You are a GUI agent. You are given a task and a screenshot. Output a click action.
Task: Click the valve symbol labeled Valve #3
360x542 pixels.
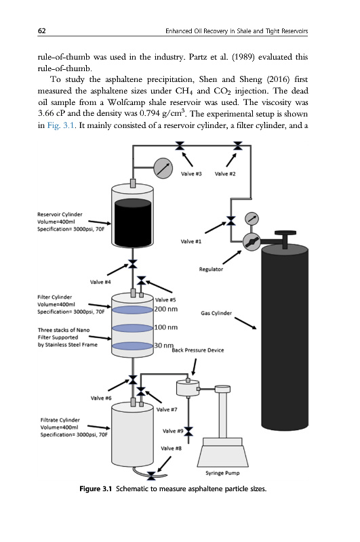(180, 146)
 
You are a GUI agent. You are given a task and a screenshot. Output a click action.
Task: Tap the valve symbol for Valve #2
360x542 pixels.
(237, 146)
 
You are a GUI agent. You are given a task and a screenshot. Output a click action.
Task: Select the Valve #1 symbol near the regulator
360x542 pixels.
(231, 221)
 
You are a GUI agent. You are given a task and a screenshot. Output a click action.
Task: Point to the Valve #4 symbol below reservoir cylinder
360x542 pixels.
(132, 264)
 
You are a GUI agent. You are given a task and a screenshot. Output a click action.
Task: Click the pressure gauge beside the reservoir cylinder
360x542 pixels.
(163, 168)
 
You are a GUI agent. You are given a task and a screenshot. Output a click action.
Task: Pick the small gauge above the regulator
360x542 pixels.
(252, 219)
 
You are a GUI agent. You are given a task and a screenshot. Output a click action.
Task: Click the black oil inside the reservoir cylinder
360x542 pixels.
(133, 223)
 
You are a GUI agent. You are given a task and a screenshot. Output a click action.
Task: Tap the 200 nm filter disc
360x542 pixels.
(132, 310)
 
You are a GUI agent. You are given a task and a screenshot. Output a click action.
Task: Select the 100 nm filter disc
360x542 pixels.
(132, 328)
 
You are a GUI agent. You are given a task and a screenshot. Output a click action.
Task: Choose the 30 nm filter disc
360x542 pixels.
(132, 346)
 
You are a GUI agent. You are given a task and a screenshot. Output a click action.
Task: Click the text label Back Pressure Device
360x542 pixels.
(198, 350)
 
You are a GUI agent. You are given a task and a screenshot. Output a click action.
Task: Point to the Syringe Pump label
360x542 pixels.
(222, 473)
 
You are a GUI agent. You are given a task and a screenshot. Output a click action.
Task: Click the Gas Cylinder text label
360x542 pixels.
(216, 313)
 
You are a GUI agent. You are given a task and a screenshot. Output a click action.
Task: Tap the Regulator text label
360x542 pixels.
(211, 269)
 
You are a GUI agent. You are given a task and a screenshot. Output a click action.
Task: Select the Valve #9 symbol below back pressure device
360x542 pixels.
(188, 432)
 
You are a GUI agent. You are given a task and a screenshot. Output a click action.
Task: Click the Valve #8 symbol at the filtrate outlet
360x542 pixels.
(151, 476)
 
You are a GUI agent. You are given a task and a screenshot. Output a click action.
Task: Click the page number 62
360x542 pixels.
(41, 30)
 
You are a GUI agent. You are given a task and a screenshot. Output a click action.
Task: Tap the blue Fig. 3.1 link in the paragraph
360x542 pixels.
(61, 125)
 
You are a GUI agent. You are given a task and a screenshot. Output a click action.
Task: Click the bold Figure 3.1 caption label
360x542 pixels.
(96, 488)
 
